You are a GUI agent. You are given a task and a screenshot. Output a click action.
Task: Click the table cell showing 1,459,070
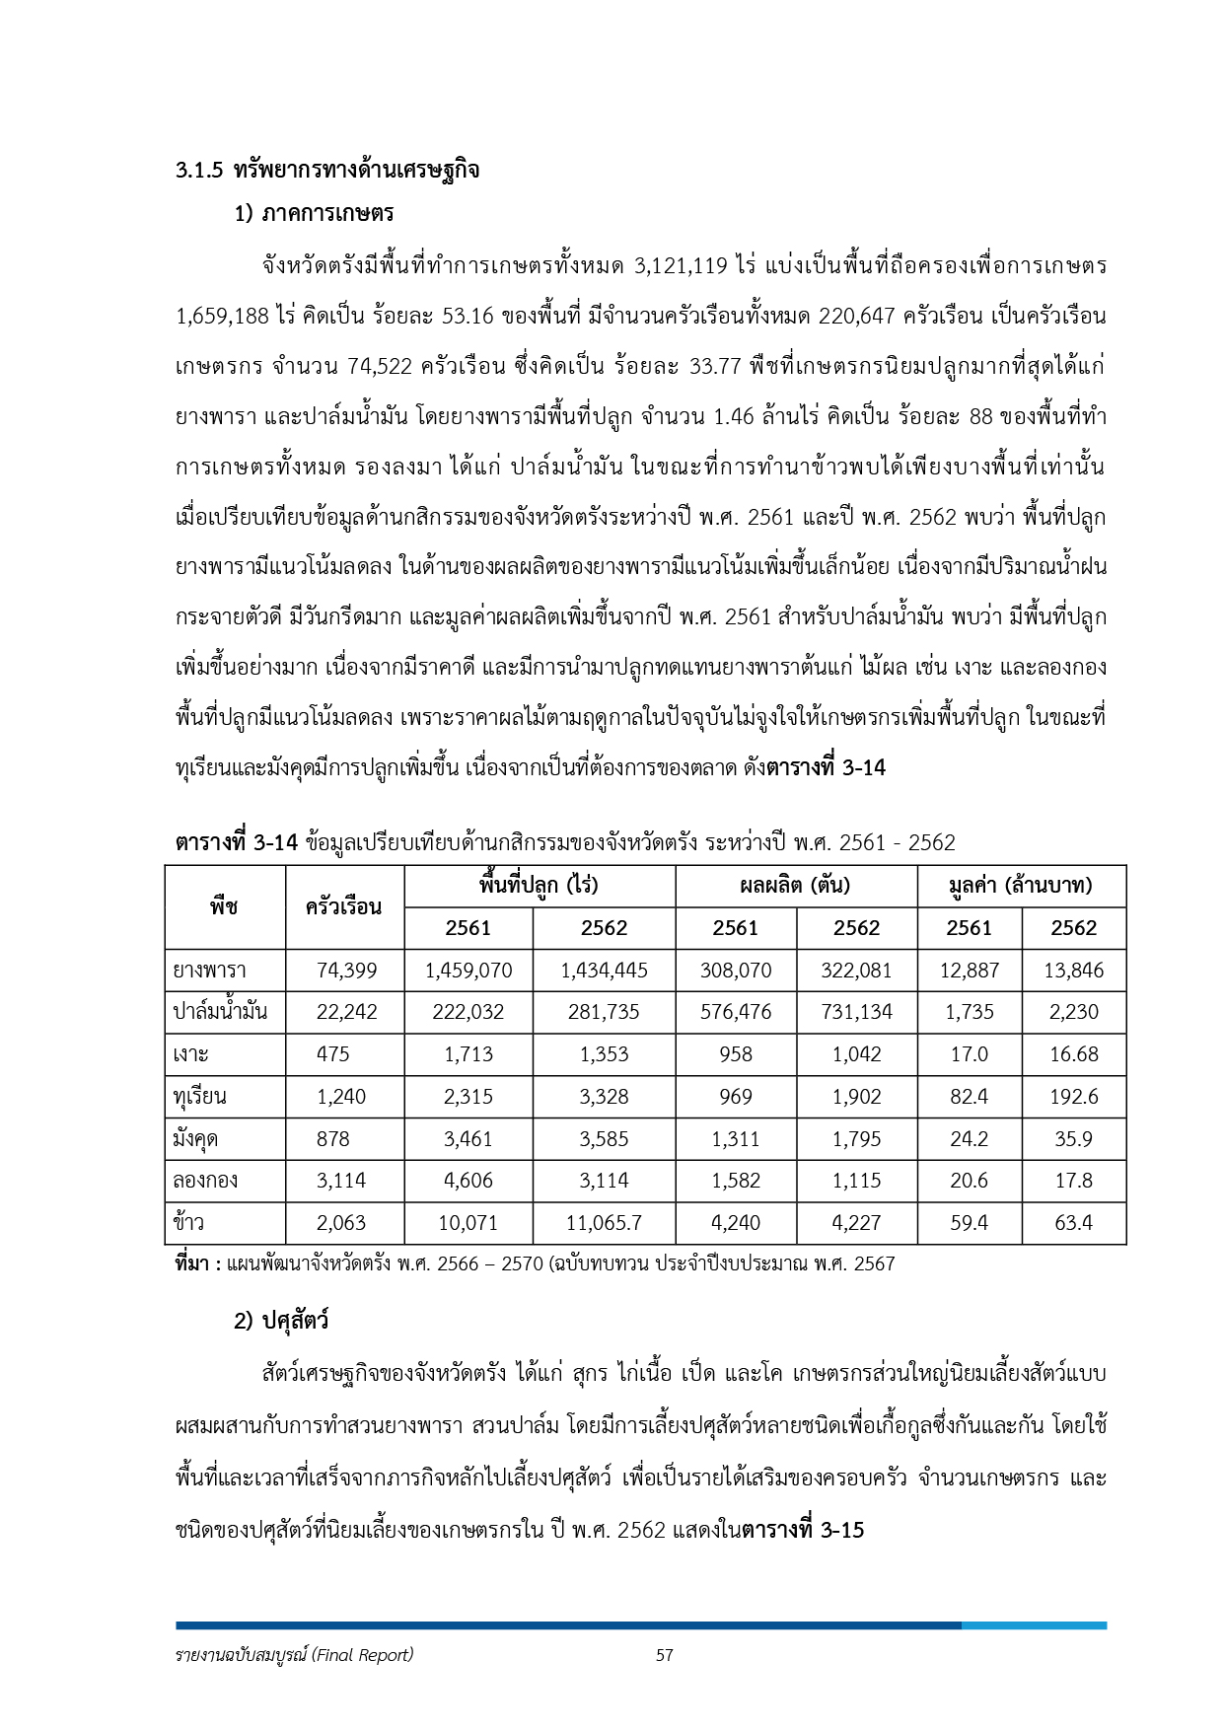(468, 971)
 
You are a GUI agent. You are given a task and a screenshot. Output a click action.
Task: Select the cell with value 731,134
(856, 1012)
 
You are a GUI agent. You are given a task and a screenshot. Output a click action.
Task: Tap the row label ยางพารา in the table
(209, 971)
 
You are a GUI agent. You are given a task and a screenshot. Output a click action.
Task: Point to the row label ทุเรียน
(200, 1097)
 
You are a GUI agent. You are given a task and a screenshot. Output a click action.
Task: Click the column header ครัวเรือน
(344, 906)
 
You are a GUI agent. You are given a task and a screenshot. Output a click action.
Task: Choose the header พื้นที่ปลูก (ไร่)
(539, 885)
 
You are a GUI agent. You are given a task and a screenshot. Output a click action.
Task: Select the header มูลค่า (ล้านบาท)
(1021, 885)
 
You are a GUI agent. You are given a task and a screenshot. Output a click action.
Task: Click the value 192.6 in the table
(1074, 1097)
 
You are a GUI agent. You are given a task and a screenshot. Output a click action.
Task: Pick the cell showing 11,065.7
(604, 1223)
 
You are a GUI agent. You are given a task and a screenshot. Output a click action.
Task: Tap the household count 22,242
(346, 1012)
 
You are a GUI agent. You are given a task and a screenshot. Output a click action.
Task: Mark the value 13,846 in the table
(1074, 971)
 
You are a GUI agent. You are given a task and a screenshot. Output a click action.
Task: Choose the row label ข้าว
(189, 1223)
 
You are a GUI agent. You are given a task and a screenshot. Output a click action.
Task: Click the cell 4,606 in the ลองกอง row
(468, 1181)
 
